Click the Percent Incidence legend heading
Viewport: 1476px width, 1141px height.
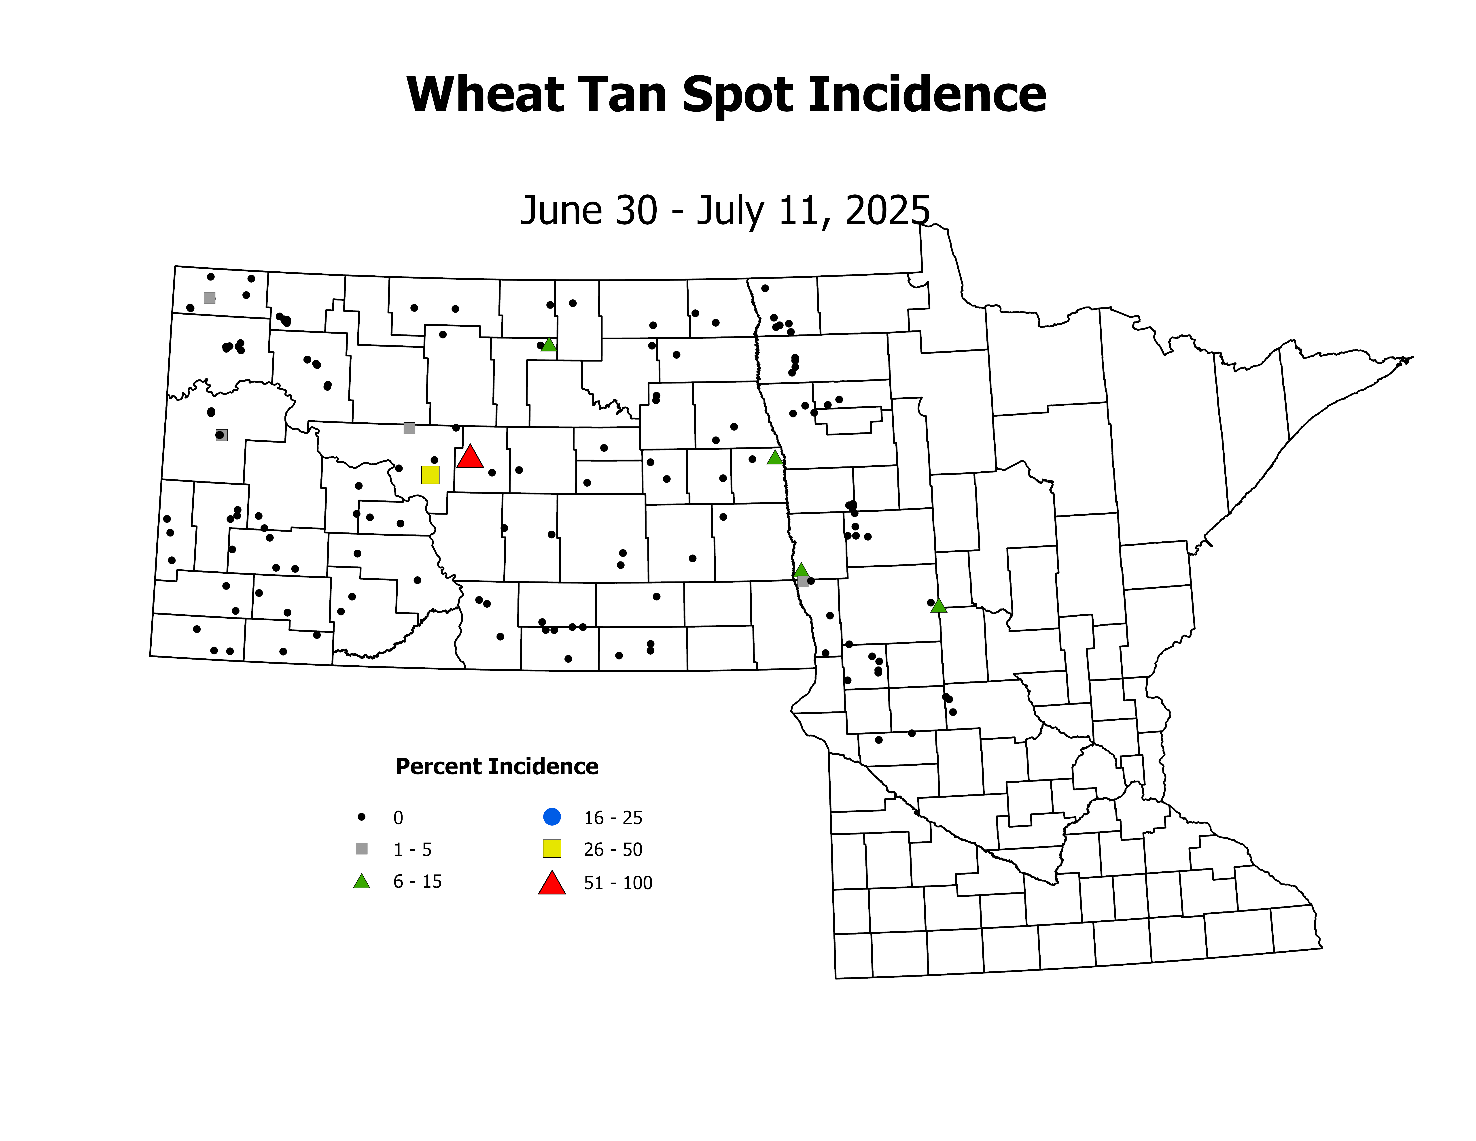coord(497,766)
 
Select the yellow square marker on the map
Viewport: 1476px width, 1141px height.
coord(430,475)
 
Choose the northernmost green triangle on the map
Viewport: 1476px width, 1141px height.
coord(549,345)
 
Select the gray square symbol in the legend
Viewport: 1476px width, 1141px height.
coord(362,848)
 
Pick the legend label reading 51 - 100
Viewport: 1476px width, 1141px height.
coord(618,883)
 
